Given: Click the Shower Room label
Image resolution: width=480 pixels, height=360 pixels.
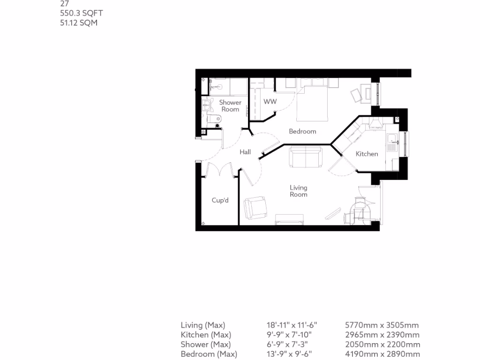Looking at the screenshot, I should pos(230,106).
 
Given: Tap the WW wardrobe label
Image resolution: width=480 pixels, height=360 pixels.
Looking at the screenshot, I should pos(270,102).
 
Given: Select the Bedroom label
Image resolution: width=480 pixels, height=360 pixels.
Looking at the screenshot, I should pos(302,131).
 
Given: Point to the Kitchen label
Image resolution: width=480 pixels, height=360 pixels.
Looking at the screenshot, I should pos(367,154).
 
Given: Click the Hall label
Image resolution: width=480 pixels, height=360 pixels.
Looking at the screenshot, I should pos(245,152).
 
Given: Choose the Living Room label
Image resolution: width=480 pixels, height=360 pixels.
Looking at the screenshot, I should pos(298,191).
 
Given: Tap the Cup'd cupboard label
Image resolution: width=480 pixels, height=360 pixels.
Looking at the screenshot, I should pos(220,200).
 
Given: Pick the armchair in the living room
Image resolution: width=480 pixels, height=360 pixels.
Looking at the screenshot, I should pos(256,208).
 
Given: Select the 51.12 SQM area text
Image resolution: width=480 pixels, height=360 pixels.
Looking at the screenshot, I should pos(79,22).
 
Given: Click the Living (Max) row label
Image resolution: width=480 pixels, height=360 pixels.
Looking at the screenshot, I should pos(203,325).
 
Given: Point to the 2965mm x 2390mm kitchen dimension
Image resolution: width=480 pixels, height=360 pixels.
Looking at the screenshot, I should pos(382,335).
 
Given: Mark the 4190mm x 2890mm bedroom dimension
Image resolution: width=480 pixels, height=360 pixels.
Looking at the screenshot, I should pos(382,354).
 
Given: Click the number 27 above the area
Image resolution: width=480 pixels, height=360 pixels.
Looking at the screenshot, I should pos(65,4).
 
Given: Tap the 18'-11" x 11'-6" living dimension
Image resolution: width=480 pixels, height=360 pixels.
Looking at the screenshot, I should pos(292,325).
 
